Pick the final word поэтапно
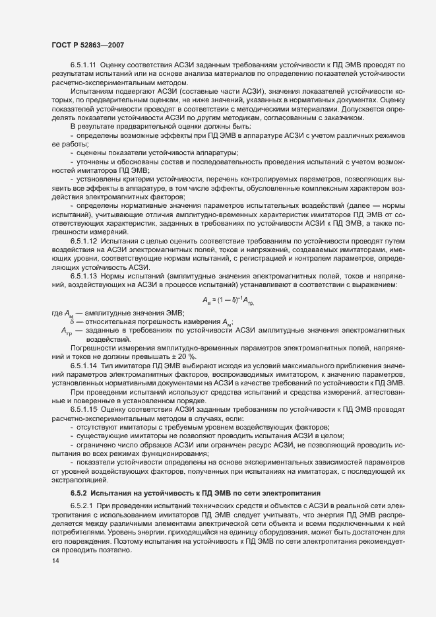pos(115,550)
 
